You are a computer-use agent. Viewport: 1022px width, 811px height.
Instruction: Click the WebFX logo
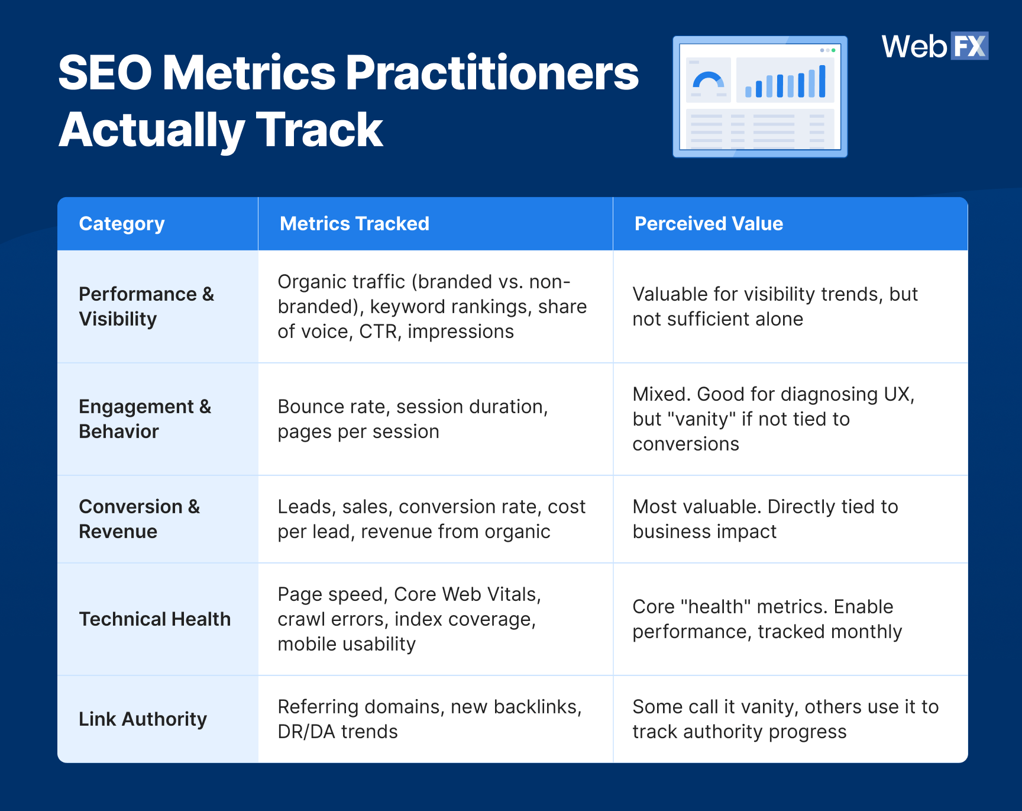click(934, 46)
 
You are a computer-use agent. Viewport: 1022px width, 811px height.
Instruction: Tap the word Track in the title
click(319, 130)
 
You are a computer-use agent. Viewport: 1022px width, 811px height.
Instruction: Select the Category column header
click(122, 224)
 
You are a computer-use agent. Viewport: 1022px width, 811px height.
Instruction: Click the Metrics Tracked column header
click(354, 224)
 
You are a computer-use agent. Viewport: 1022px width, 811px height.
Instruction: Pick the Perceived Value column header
click(709, 224)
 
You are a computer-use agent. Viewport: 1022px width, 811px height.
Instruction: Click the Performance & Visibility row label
click(146, 306)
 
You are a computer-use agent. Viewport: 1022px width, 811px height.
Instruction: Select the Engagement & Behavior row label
click(145, 419)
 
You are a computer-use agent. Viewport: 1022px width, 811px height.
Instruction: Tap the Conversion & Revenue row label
click(140, 519)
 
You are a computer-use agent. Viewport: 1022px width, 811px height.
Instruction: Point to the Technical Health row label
click(155, 619)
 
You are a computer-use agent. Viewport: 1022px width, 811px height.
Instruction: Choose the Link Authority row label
click(143, 719)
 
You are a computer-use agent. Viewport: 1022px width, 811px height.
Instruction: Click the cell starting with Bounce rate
click(413, 419)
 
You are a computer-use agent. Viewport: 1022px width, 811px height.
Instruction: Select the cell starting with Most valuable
click(765, 519)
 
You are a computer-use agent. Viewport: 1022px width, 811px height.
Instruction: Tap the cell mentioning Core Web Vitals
click(409, 619)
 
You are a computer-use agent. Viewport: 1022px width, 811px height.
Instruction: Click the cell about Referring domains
click(429, 719)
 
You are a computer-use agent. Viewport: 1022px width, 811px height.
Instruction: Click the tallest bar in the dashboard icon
click(822, 81)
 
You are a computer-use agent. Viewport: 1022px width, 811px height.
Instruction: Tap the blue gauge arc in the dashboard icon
click(708, 79)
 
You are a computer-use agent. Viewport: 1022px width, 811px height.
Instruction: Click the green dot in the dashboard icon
click(833, 50)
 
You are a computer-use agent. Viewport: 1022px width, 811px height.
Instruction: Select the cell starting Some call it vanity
click(785, 719)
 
